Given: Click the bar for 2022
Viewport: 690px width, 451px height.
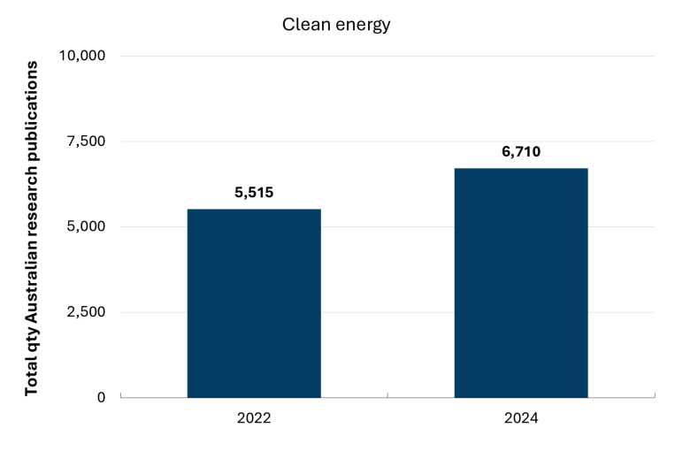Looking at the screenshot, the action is [254, 303].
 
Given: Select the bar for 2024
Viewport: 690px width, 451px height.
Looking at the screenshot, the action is [521, 283].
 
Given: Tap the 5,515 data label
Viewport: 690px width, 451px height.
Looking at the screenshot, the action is [254, 192].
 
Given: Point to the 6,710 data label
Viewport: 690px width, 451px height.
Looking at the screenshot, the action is [521, 151].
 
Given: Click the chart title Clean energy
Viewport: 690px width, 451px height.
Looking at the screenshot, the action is [336, 25].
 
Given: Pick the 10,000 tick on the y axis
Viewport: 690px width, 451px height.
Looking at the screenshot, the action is [82, 56].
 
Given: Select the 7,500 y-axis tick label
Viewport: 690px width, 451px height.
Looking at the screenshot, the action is [87, 141].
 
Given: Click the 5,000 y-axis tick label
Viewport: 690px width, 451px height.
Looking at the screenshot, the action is [87, 226].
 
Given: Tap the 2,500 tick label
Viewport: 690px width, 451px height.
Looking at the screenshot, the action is [87, 312].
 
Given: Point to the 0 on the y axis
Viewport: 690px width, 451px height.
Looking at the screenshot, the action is [101, 397].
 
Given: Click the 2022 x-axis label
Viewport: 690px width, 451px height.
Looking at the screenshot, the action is [254, 417].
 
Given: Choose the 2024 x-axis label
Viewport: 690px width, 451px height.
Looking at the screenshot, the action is [521, 417].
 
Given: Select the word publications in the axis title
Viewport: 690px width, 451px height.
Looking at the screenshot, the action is [31, 106].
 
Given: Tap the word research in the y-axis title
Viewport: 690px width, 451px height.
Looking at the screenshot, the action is [31, 196].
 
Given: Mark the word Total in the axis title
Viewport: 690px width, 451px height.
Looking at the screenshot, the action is [31, 378].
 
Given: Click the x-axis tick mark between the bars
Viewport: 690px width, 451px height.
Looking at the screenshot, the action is [387, 395].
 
